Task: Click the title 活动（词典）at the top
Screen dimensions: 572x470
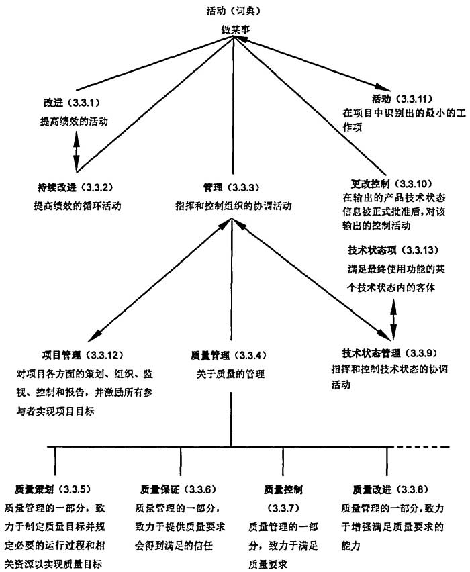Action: click(x=232, y=11)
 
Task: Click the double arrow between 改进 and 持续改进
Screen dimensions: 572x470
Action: click(x=77, y=150)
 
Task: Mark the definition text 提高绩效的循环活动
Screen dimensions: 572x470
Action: click(x=77, y=205)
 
